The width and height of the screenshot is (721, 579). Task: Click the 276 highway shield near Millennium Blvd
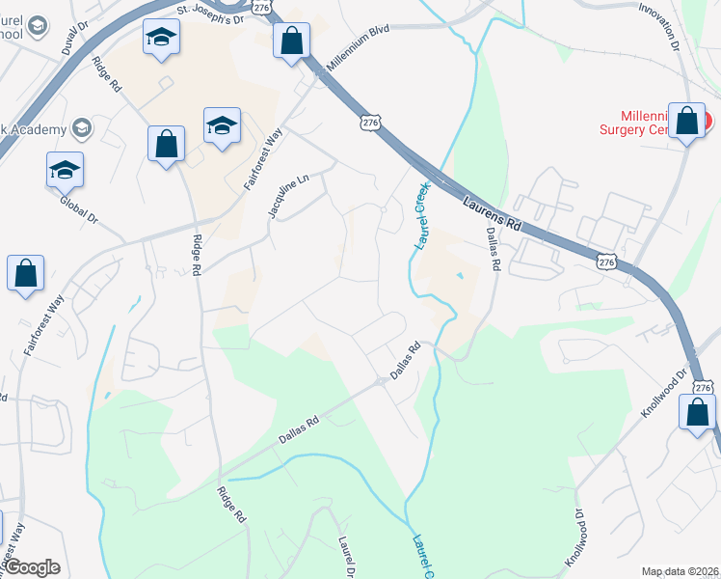coord(371,123)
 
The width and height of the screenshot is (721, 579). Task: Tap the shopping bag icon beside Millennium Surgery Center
coord(686,122)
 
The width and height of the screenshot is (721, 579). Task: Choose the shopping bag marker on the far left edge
coord(25,273)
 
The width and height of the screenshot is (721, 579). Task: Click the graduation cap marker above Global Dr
coord(66,169)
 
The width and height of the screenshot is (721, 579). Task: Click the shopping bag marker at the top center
coord(291,41)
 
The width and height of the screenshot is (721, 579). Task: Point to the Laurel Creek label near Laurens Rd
coord(421,217)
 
